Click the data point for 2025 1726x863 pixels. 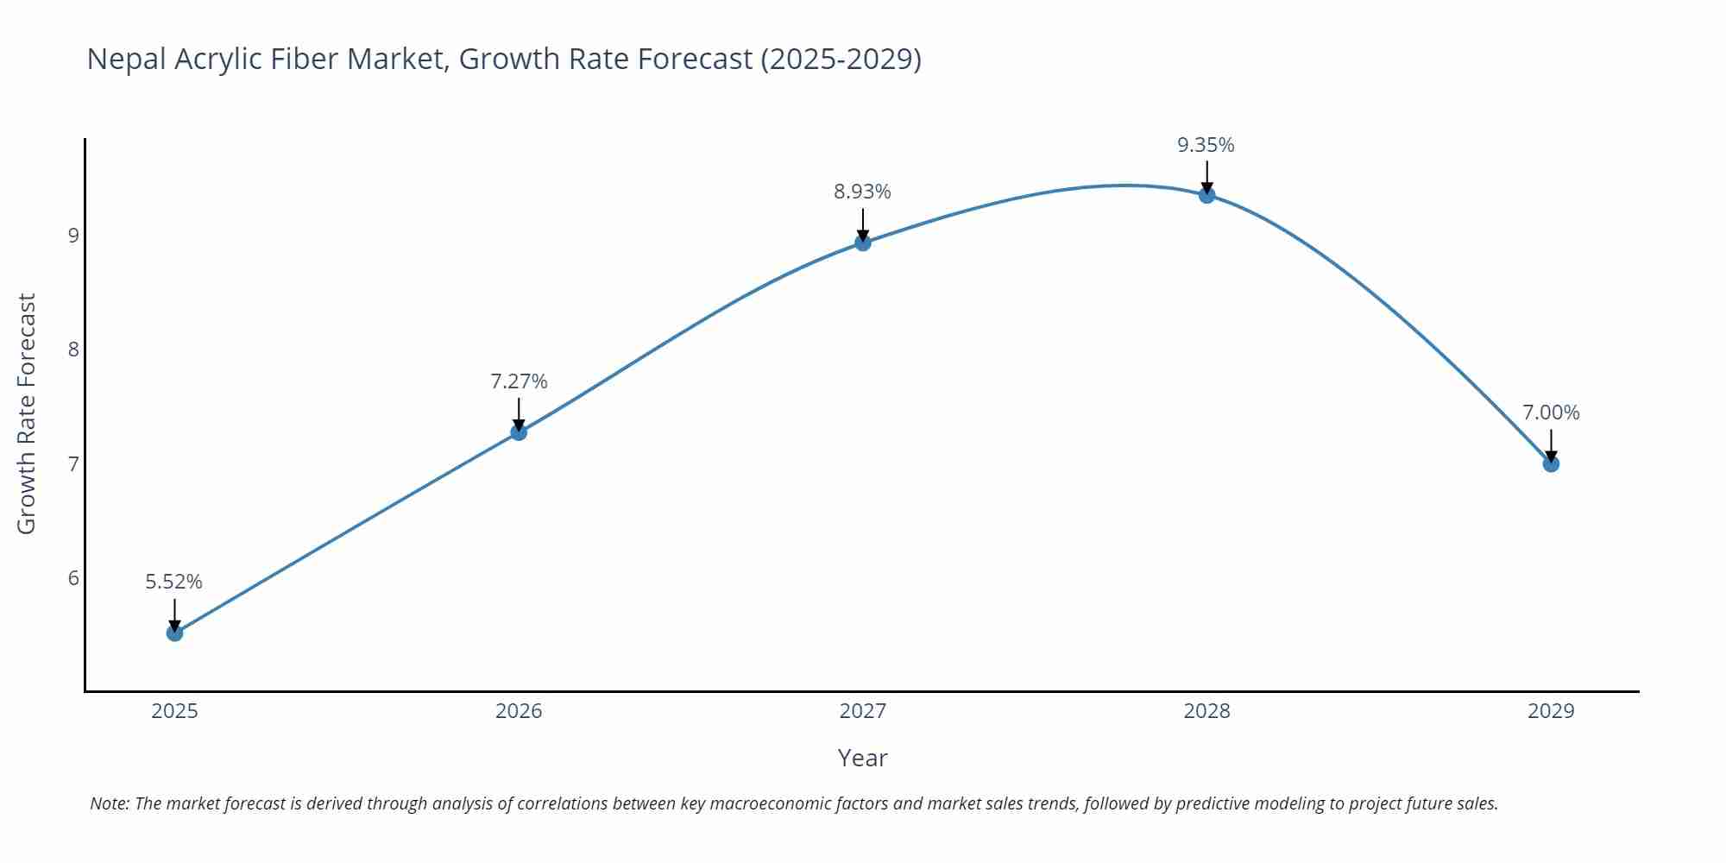click(x=174, y=633)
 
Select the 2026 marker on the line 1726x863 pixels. click(x=519, y=432)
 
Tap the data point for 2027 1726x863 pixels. click(x=862, y=243)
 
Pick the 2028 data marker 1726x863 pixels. click(x=1206, y=195)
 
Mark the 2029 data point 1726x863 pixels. click(x=1551, y=463)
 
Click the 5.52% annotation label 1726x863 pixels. click(x=173, y=582)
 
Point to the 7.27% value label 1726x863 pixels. click(x=519, y=381)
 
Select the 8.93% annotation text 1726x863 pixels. click(x=862, y=192)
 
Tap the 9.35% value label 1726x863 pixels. click(x=1206, y=145)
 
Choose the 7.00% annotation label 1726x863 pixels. click(x=1551, y=413)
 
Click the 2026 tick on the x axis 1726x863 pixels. click(x=519, y=711)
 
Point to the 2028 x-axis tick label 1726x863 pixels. click(x=1206, y=711)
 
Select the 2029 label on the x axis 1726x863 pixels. click(x=1551, y=711)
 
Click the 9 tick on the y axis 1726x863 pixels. click(x=73, y=235)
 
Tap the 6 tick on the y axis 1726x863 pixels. click(x=73, y=577)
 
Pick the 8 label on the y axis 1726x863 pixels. click(x=73, y=349)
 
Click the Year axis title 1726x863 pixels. click(x=862, y=758)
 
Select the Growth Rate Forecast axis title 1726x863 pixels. click(x=27, y=413)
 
